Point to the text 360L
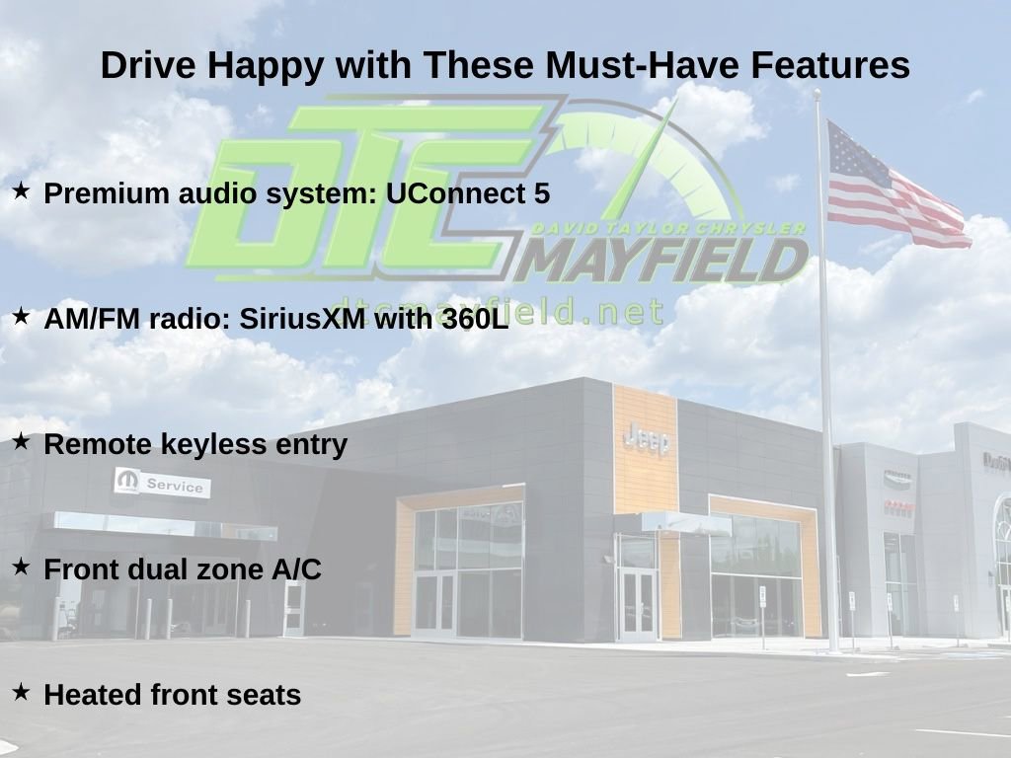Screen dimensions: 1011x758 [475, 319]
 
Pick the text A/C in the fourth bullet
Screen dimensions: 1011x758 [296, 569]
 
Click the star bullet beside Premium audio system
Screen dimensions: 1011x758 [22, 190]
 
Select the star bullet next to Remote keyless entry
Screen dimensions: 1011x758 [22, 441]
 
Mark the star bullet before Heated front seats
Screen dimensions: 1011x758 [22, 692]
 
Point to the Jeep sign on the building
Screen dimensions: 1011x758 [646, 439]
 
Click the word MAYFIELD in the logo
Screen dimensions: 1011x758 [664, 261]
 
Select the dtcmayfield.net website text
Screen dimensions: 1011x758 [498, 312]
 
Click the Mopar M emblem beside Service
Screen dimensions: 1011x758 [127, 481]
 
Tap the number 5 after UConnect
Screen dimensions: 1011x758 [542, 193]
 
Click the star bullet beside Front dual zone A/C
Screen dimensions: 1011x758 [22, 566]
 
